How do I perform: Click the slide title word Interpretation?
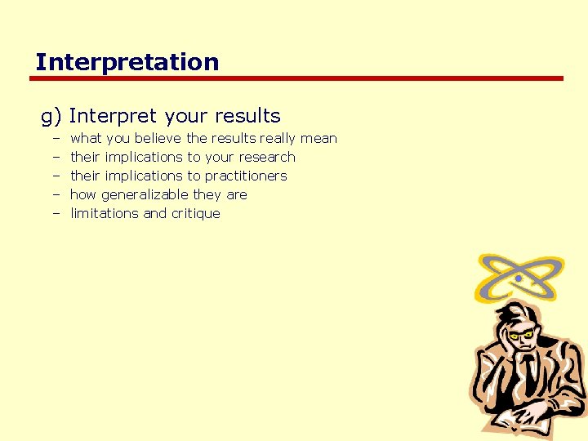coord(127,62)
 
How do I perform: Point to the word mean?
coord(318,139)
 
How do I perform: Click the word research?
coord(267,158)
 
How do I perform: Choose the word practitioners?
coord(246,176)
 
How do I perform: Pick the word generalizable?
coord(145,195)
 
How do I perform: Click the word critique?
coord(194,214)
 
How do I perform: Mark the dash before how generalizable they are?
coord(57,195)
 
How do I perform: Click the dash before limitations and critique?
coord(57,214)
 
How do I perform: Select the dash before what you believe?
coord(57,139)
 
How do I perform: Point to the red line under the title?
coord(297,79)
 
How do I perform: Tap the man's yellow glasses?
coord(523,334)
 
